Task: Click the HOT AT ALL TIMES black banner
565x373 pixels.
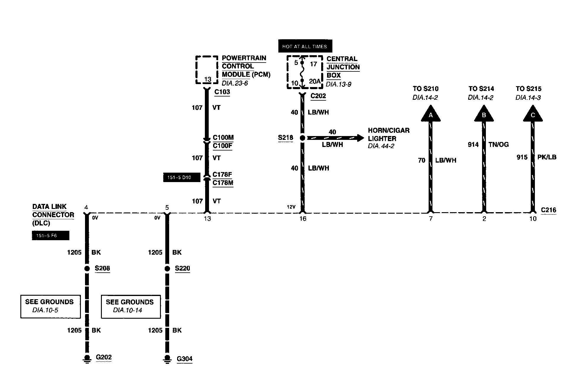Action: point(305,46)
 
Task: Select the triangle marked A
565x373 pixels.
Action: point(431,115)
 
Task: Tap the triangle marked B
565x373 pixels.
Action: point(484,115)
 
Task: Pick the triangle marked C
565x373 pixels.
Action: point(533,115)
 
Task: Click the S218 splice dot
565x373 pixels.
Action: point(303,138)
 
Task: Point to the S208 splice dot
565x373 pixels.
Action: point(87,269)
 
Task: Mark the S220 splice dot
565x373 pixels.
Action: point(167,269)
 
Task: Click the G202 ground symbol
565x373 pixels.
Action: point(87,359)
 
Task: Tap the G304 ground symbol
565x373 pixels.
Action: point(167,359)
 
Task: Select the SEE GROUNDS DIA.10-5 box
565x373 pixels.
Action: point(50,306)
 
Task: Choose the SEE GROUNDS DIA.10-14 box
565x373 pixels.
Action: point(131,307)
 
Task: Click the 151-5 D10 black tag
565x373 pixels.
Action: point(182,177)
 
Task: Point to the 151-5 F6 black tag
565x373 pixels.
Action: point(50,235)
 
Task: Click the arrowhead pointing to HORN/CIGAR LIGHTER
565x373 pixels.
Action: point(361,138)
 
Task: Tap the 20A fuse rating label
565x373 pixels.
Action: point(315,81)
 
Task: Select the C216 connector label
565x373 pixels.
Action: point(548,210)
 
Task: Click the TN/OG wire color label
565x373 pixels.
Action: point(499,145)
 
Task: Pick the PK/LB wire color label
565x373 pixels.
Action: point(547,157)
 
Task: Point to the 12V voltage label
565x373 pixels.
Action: point(291,207)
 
